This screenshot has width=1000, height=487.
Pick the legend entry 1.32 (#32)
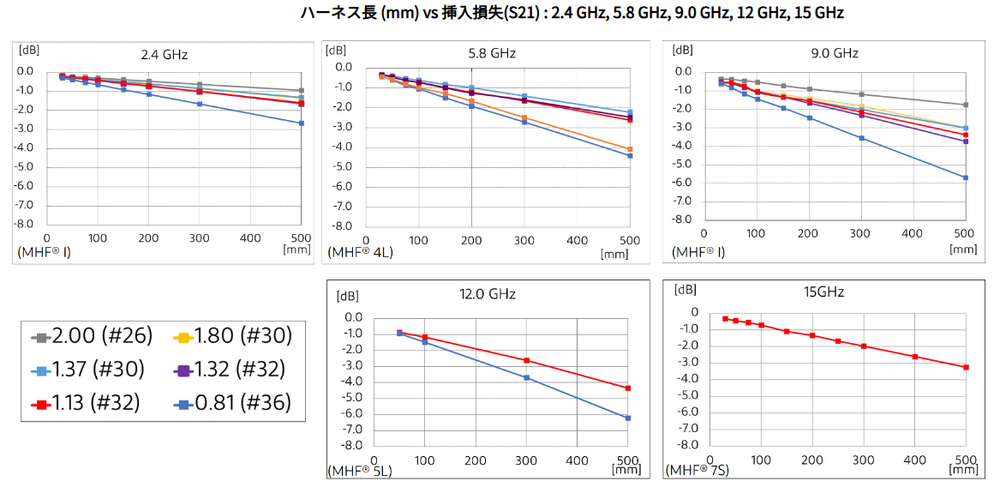(x=232, y=370)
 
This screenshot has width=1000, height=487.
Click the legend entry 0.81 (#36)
(x=232, y=402)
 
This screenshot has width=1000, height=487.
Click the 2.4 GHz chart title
(x=164, y=55)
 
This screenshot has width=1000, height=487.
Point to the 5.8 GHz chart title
(x=492, y=53)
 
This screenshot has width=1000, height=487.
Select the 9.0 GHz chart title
(x=834, y=53)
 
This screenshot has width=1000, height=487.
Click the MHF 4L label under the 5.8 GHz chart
(x=359, y=253)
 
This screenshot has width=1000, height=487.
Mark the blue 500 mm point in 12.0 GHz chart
(x=628, y=418)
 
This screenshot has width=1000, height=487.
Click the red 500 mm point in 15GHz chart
(x=966, y=367)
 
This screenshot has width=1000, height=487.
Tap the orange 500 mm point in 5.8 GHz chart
(x=630, y=149)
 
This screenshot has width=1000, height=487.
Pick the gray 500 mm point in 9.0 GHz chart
(x=966, y=105)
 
